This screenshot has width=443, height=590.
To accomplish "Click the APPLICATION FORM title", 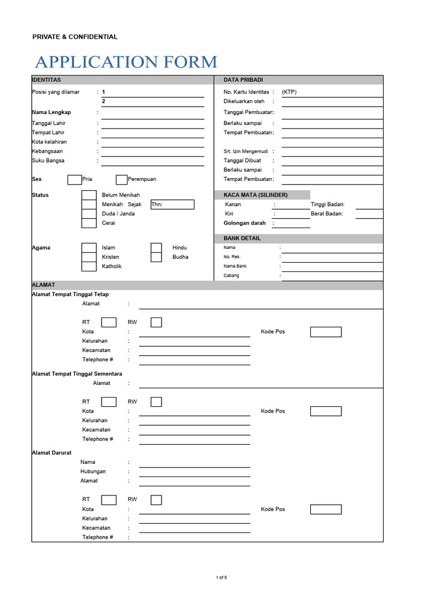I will [126, 62].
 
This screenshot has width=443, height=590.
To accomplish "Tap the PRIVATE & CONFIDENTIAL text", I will [74, 37].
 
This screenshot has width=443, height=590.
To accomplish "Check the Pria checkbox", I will [74, 179].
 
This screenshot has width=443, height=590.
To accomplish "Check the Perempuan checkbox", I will [121, 179].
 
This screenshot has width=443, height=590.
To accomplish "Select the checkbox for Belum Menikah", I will [89, 195].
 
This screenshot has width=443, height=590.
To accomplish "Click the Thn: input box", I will [172, 205].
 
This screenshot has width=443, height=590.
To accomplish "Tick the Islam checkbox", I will [89, 248].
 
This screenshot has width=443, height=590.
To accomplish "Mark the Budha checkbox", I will [156, 257].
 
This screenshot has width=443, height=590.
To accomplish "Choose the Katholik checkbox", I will [89, 266].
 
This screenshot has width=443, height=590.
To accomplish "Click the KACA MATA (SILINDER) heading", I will [256, 195].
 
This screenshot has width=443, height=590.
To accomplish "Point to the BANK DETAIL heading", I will [242, 239].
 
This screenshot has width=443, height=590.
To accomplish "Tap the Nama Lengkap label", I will [51, 112].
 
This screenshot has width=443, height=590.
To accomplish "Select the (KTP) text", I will [289, 92].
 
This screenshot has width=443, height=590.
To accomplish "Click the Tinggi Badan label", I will [327, 205].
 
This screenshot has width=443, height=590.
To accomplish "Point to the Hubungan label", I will [93, 471].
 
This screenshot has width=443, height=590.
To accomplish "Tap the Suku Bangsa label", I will [48, 161].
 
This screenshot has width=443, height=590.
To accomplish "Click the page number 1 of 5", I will [221, 577].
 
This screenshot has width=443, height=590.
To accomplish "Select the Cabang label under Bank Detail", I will [231, 275].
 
